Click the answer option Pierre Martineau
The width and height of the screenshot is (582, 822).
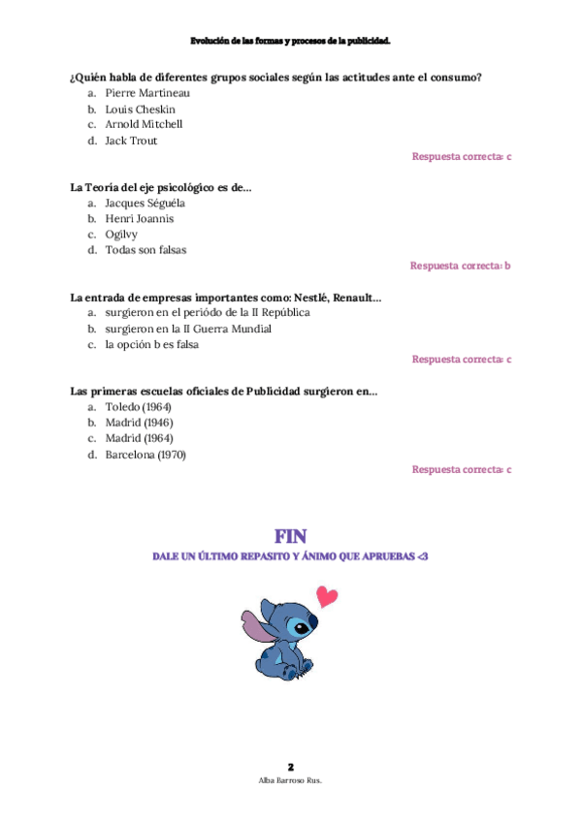pos(147,93)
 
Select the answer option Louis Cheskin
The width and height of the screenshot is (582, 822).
pos(140,109)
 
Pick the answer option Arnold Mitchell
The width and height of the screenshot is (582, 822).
pos(144,124)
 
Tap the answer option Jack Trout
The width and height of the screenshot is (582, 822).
pos(131,141)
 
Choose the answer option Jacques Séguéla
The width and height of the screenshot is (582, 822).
pos(145,204)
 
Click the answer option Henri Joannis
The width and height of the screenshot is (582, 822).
pos(140,219)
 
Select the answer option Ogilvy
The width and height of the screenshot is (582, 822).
pos(121,235)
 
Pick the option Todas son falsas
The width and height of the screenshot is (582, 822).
pos(145,250)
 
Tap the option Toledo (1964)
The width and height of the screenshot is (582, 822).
pos(138,407)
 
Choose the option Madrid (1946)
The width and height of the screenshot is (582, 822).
pos(139,423)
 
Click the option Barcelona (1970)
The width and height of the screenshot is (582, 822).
pos(145,455)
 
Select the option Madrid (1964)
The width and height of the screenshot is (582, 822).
pos(139,438)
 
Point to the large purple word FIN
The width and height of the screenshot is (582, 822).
pos(290,535)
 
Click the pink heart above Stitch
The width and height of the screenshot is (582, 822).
pos(328,596)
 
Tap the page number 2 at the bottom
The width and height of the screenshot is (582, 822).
pos(290,766)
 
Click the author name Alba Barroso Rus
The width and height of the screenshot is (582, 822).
pos(290,779)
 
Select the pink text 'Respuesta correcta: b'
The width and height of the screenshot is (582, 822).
pos(460,266)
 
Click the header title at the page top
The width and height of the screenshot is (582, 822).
pos(290,42)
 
